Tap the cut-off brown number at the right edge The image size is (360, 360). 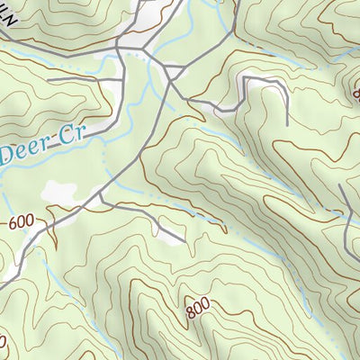355,93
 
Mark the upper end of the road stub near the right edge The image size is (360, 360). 339,186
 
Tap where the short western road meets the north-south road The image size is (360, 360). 122,81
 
